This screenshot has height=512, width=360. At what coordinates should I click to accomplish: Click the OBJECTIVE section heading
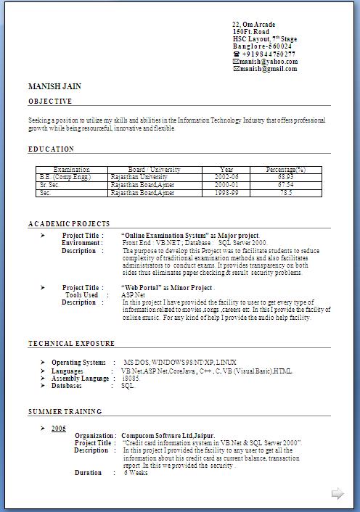pos(50,102)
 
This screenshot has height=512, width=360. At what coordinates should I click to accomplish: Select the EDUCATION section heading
pos(52,149)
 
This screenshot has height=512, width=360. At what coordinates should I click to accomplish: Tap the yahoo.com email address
pos(268,62)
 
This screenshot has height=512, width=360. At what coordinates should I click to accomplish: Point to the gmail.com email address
pos(269,69)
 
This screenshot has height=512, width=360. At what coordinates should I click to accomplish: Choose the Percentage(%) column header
pos(285,170)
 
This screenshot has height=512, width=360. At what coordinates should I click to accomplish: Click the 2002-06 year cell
pos(226,177)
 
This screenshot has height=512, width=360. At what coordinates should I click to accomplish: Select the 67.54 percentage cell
pos(285,185)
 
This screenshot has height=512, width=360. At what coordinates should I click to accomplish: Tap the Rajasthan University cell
pos(139,177)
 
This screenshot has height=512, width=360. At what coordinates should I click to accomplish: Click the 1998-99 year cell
pos(226,193)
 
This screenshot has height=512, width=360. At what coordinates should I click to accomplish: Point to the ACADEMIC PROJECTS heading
pos(69,224)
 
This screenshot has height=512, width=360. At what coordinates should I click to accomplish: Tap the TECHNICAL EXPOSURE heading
pos(71,344)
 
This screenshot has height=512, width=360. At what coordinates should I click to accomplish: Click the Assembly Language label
pos(81,379)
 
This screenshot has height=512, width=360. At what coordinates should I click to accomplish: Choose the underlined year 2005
pos(59,429)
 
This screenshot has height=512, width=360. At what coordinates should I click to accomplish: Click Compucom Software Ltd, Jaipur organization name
pos(172,436)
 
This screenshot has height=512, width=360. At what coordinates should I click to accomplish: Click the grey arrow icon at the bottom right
pos(337,494)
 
